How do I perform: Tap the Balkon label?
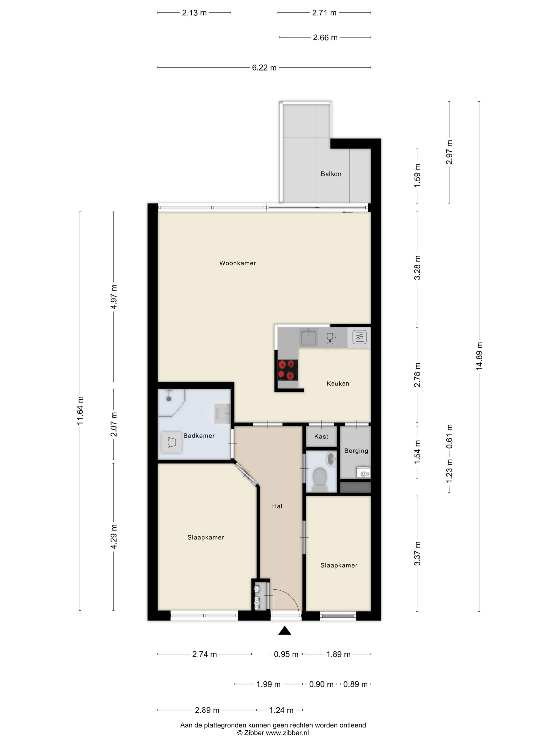331,174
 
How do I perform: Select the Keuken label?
338,383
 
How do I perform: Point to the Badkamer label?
199,436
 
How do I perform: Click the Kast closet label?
321,437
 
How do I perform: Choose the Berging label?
356,451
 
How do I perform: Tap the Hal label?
277,506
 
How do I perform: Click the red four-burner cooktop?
288,370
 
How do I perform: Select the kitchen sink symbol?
309,337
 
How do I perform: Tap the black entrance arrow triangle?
285,631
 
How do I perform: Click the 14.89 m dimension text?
479,356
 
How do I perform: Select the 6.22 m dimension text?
264,68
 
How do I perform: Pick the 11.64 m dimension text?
80,411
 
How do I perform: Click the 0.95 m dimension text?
286,654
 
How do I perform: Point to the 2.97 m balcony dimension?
450,152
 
